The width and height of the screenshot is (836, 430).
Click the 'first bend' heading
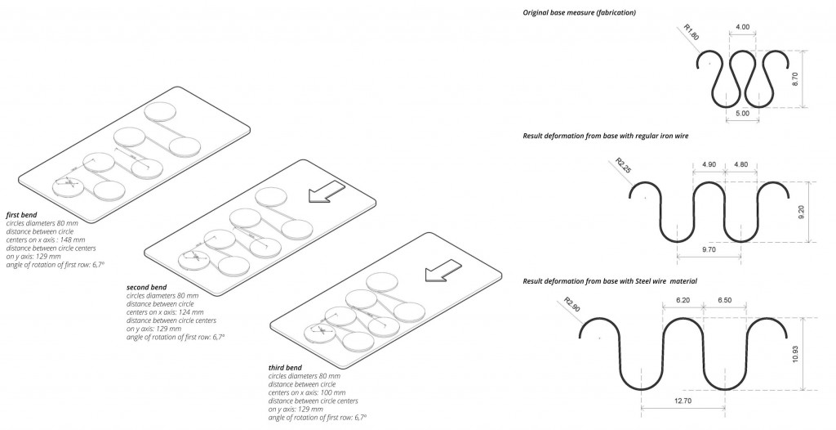(23, 214)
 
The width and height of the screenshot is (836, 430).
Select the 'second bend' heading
(148, 288)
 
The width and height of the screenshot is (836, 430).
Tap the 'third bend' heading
(285, 368)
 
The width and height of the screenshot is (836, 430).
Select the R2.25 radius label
(624, 166)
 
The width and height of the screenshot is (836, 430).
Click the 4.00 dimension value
(742, 28)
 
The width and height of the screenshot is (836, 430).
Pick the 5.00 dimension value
(742, 114)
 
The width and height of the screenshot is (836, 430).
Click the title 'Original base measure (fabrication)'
(579, 13)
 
